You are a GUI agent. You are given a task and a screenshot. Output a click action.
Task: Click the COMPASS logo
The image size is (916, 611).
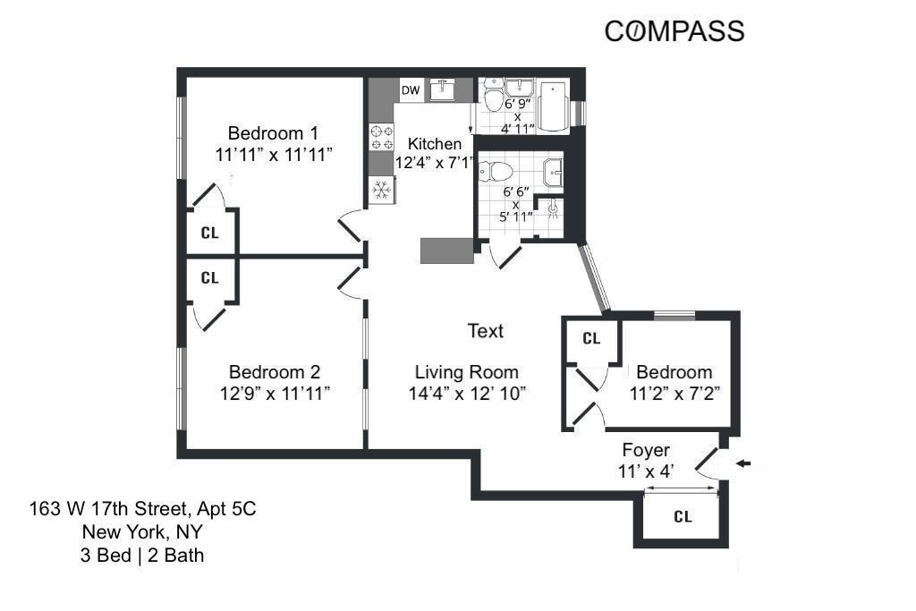[674, 31]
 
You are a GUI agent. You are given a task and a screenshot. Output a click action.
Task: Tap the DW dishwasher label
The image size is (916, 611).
[411, 90]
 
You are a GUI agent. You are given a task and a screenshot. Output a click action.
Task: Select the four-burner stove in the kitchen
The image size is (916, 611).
[382, 137]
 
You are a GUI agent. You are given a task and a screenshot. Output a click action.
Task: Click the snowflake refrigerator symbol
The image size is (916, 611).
[382, 190]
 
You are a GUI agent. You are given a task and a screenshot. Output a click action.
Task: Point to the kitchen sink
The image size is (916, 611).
[444, 89]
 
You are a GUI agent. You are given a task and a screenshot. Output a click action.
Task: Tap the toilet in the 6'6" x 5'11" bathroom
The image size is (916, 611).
[495, 169]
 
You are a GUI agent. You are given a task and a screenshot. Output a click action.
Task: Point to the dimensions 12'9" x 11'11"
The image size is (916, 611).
[275, 393]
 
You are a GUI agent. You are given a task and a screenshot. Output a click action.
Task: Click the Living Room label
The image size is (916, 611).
[466, 372]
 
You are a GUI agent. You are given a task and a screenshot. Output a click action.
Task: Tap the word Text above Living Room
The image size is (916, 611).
[486, 331]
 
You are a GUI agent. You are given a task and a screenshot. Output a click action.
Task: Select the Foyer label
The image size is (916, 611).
[644, 450]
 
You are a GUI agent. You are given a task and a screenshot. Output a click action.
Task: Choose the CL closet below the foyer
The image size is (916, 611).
[683, 517]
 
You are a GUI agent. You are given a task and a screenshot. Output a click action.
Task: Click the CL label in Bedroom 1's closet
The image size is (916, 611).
[210, 233]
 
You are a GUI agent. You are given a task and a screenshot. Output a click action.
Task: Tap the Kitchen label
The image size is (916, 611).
[435, 144]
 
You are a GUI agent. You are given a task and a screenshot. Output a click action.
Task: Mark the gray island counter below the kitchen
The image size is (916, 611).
[446, 250]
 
